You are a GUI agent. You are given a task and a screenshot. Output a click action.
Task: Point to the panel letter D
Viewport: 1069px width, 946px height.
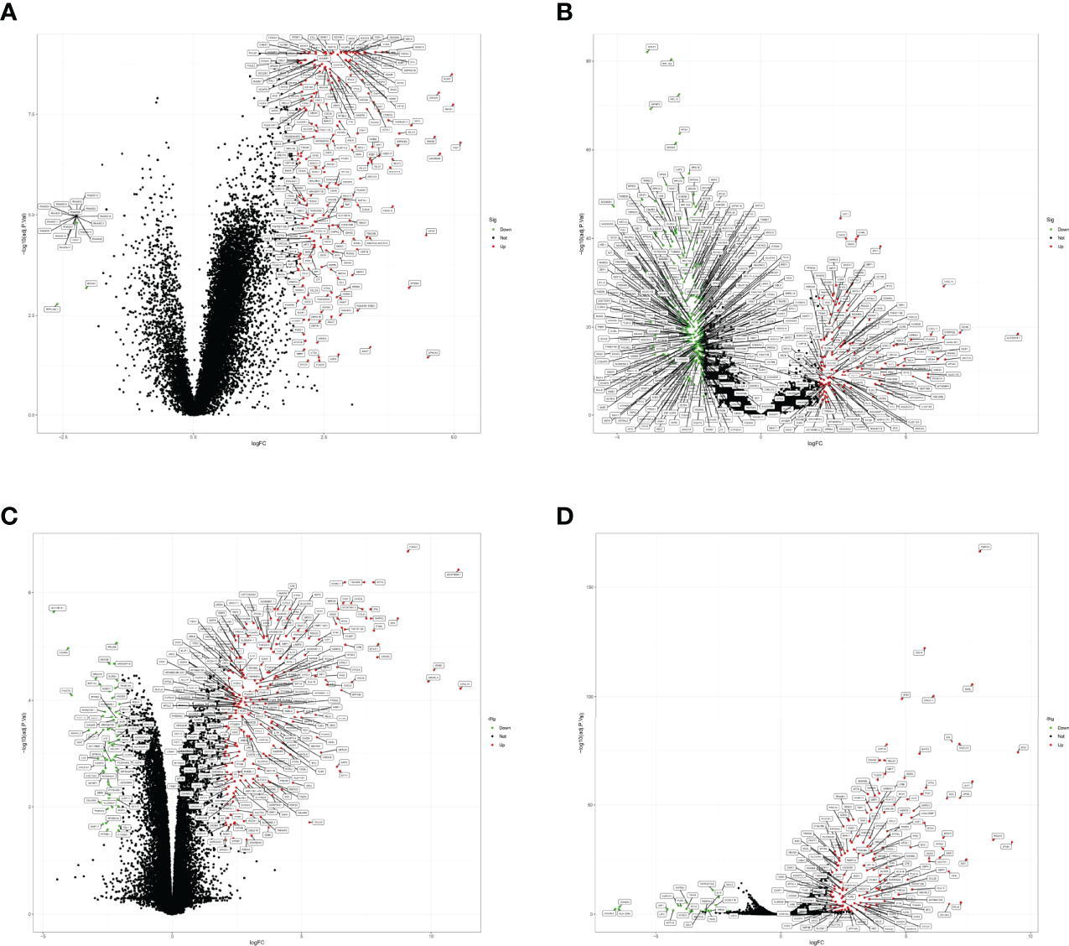tap(564, 515)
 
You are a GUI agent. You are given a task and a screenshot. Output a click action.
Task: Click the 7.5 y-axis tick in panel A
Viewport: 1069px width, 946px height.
tap(30, 114)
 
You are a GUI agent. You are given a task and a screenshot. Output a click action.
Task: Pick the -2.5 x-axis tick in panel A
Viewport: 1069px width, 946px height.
tap(63, 437)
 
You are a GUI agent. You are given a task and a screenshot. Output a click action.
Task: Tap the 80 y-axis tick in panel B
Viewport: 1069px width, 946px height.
tap(589, 61)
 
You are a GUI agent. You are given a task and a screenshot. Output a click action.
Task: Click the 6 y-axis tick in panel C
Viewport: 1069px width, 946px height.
tap(30, 592)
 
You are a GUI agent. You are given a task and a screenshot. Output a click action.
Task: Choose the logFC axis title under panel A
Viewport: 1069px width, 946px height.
tap(259, 444)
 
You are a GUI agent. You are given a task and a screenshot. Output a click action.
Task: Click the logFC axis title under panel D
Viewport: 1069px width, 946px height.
tap(815, 943)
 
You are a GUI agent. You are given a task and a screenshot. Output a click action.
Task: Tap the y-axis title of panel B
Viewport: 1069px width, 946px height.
tap(582, 234)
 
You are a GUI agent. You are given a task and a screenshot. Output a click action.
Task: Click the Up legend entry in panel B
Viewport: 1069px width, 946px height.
tap(1061, 247)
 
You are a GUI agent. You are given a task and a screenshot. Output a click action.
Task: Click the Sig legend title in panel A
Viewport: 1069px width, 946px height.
tap(494, 220)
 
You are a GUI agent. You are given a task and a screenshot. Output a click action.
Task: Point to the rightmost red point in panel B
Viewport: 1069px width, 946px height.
tap(1018, 335)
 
